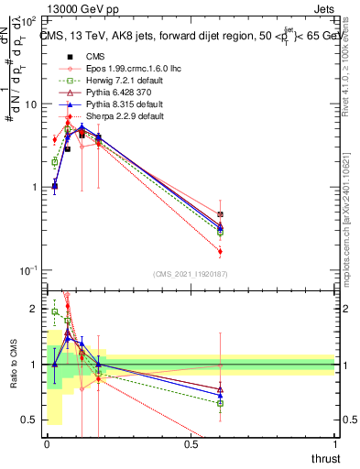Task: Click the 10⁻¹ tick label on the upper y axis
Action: coord(26,270)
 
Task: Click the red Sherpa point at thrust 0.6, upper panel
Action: coord(220,251)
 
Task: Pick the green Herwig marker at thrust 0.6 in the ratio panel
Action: coord(220,403)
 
